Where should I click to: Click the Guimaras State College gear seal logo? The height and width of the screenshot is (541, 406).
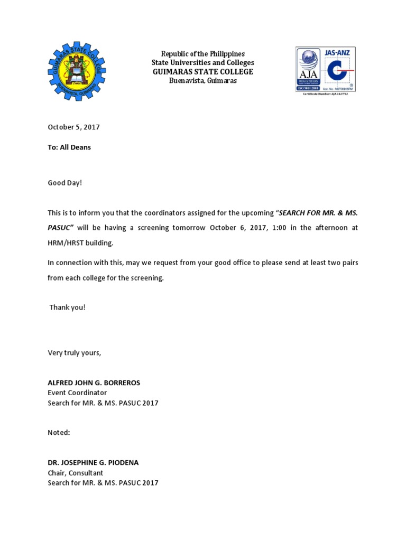click(77, 71)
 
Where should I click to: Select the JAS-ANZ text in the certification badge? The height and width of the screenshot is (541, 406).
click(338, 52)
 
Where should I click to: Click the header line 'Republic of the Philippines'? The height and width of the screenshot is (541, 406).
click(203, 54)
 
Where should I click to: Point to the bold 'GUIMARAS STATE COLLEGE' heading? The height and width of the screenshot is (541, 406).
click(203, 71)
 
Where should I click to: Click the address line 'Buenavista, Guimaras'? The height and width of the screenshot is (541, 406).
click(203, 80)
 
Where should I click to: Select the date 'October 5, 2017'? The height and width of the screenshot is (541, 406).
click(73, 127)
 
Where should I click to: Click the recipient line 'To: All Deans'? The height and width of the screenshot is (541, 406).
click(69, 147)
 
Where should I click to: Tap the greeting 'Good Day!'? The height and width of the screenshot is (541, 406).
click(65, 183)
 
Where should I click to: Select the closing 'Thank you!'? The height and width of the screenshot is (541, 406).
click(67, 307)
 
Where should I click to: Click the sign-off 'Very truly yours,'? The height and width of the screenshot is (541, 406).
click(74, 352)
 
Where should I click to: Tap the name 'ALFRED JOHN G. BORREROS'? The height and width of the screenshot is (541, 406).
click(94, 383)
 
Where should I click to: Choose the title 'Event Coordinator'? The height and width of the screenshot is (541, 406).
click(77, 393)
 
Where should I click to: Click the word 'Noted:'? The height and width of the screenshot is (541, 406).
click(59, 433)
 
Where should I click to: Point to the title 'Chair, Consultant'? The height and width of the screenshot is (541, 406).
click(76, 473)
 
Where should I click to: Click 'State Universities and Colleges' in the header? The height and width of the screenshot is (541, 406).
click(203, 63)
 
